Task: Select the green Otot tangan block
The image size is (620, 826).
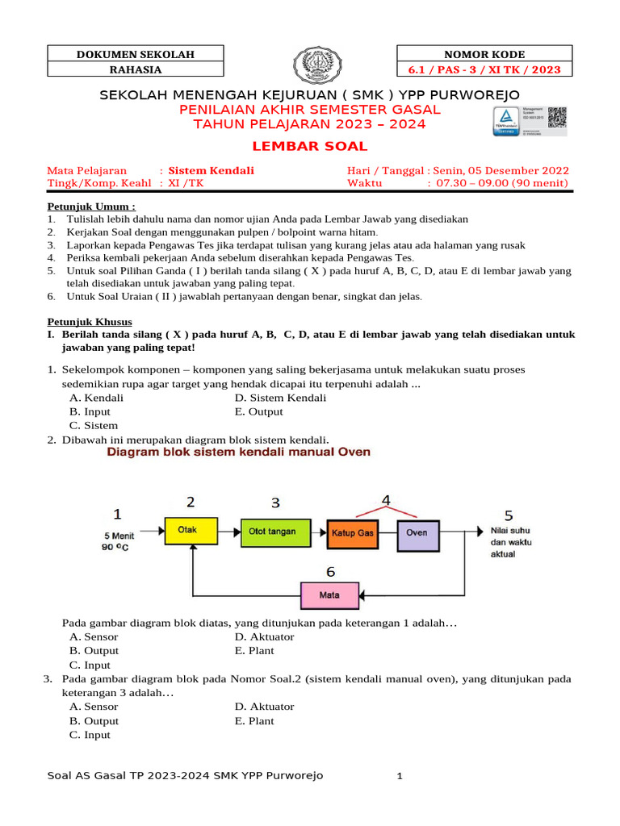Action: tap(272, 532)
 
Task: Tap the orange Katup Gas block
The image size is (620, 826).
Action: tap(351, 532)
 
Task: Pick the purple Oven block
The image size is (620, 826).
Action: tap(417, 532)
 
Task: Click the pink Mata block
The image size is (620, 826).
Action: tap(329, 595)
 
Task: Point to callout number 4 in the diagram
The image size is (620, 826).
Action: tap(386, 501)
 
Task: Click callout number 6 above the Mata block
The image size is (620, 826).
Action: tap(330, 572)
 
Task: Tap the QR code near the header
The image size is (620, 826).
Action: tap(558, 118)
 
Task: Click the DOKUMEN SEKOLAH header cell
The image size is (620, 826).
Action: tap(136, 54)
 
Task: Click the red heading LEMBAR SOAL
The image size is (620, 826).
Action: tap(309, 147)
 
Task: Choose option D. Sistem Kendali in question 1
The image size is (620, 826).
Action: tap(280, 398)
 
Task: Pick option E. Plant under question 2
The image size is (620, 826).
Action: tap(254, 650)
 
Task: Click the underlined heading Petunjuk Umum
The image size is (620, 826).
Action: tap(89, 206)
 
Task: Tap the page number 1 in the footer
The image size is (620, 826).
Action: tap(399, 777)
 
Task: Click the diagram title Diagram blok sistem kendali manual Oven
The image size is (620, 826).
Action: tap(239, 453)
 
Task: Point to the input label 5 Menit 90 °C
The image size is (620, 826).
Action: tap(118, 541)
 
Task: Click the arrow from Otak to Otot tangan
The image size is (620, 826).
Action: tap(229, 532)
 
